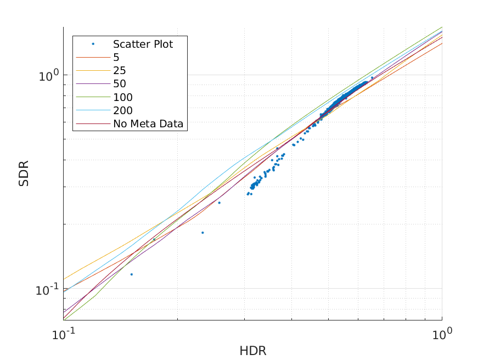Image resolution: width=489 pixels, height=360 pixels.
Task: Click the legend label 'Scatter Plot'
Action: point(143,44)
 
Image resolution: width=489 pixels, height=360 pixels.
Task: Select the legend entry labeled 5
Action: point(116,57)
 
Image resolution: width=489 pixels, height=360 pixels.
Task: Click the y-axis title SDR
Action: point(24,173)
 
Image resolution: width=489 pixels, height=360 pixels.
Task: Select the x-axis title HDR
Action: point(252,350)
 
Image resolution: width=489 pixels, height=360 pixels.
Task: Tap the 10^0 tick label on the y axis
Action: point(48,75)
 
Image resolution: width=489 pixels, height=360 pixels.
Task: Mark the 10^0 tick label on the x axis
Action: point(442,332)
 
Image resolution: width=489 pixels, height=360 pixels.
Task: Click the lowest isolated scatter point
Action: point(131,274)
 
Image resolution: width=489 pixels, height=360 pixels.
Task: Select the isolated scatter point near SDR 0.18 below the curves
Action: point(203,233)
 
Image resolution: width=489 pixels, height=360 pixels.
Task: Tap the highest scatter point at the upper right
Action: point(372,77)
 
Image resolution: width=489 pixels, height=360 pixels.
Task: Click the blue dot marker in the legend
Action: point(93,44)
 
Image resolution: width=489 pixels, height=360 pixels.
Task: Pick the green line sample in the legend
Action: point(93,97)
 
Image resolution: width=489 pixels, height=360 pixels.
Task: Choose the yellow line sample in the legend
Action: point(93,70)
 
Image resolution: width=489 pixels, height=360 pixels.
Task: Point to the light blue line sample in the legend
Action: point(93,110)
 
